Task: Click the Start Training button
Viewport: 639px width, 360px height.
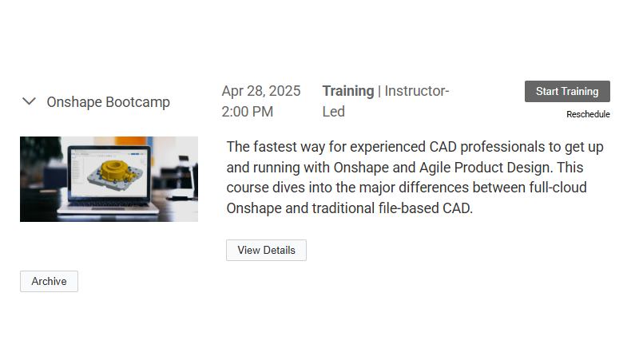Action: pos(567,91)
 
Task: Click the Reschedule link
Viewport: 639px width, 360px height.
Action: pos(588,114)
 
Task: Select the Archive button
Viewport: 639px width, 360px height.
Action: pos(49,281)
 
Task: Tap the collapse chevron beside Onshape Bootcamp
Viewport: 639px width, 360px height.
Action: pos(30,101)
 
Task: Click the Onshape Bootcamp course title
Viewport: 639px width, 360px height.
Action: pos(108,102)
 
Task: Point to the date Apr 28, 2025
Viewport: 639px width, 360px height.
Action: pos(261,91)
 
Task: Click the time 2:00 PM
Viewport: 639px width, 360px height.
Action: pos(248,112)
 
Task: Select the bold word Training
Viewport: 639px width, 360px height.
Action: pos(347,91)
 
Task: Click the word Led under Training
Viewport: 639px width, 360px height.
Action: pos(333,112)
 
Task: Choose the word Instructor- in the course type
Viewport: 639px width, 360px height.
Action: pos(417,91)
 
